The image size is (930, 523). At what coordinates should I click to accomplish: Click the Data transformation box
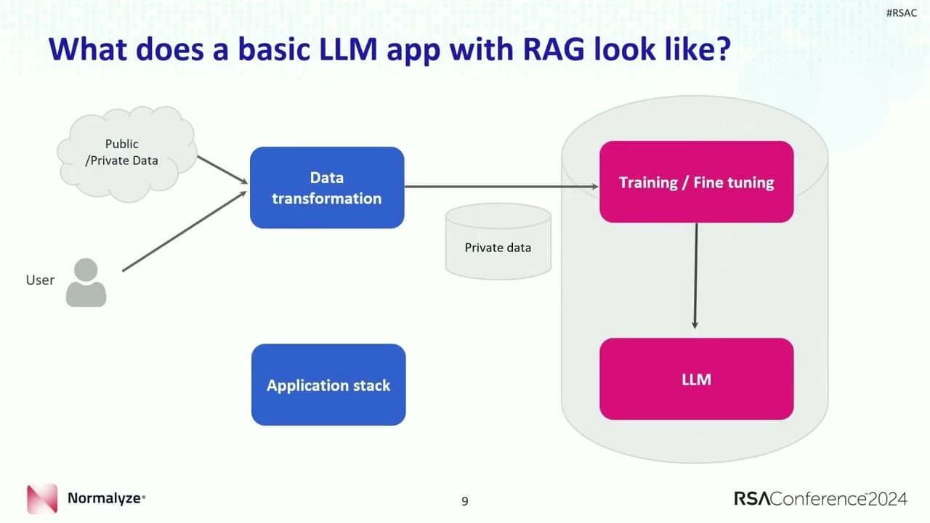click(327, 187)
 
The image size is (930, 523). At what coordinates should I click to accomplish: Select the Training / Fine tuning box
click(696, 182)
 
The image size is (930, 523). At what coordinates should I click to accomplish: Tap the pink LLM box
click(696, 379)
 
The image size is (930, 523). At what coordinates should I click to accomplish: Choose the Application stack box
click(328, 385)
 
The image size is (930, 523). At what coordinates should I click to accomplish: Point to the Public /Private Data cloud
click(126, 153)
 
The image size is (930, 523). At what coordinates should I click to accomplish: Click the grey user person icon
click(86, 283)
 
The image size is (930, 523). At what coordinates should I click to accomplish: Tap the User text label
click(40, 280)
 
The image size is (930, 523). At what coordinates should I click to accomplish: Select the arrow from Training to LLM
click(695, 275)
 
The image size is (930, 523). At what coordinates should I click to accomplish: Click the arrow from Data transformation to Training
click(501, 187)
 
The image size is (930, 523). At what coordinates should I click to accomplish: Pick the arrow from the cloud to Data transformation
click(222, 170)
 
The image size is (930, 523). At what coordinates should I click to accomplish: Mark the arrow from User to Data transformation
click(185, 231)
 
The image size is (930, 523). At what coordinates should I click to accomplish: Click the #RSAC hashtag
click(902, 13)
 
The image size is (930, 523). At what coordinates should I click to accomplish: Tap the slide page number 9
click(465, 501)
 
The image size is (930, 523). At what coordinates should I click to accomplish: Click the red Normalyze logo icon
click(42, 498)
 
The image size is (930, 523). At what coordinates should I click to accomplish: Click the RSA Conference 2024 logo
click(820, 498)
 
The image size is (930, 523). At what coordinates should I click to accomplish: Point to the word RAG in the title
click(554, 49)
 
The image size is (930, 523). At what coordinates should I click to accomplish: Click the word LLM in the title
click(348, 49)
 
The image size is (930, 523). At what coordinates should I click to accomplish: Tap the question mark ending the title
click(722, 49)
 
